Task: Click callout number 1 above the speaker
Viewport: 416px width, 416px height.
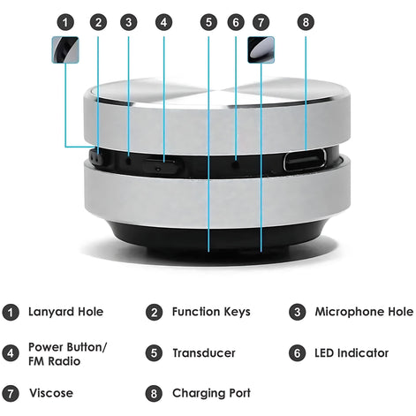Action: pos(64,21)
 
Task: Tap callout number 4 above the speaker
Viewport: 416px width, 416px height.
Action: pos(164,21)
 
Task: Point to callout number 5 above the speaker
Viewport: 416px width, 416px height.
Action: pos(208,21)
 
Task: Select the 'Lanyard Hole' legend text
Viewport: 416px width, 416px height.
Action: pos(66,312)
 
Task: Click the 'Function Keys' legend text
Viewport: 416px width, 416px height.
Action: pos(211,312)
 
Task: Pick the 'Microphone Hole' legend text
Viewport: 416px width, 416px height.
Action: pos(363,312)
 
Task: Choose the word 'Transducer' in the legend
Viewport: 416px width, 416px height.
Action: pos(204,353)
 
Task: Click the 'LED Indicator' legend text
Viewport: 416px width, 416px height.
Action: pos(352,353)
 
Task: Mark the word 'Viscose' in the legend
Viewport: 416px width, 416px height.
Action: pos(51,393)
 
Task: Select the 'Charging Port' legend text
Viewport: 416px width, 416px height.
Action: pos(212,393)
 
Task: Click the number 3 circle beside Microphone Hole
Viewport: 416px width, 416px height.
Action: pos(298,312)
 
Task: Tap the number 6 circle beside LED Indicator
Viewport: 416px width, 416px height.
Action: pos(298,353)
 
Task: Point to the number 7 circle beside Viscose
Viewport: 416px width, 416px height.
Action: pos(11,393)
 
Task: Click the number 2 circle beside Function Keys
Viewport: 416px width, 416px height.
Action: pos(154,312)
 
